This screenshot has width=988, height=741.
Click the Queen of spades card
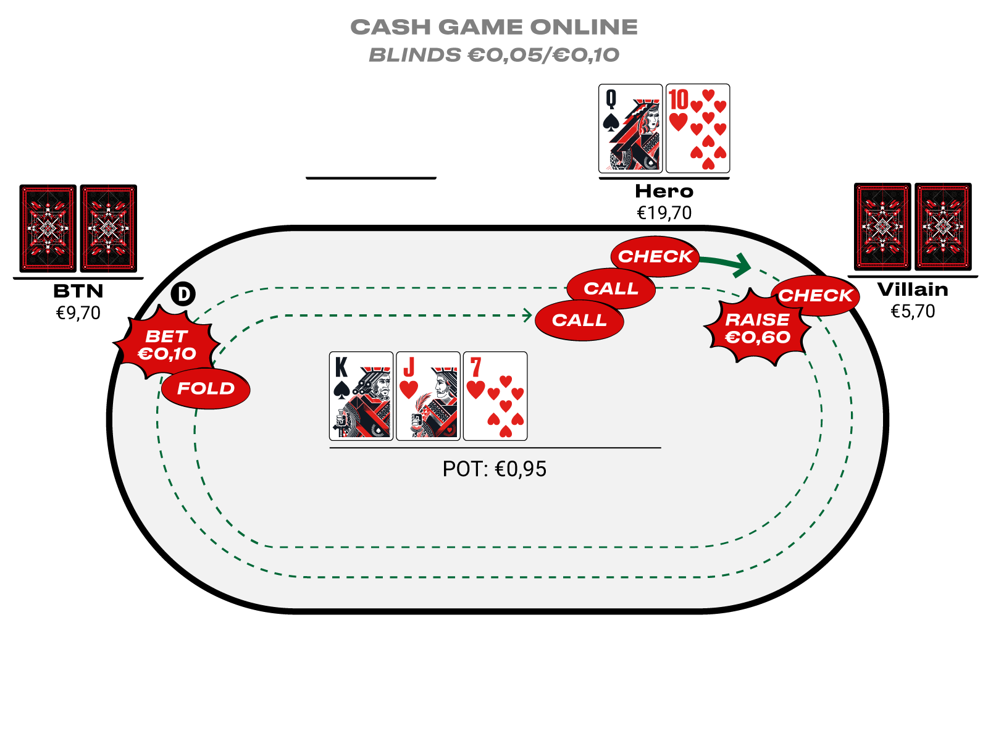click(x=630, y=128)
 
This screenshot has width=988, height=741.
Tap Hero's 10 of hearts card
click(x=698, y=128)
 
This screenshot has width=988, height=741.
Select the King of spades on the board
click(x=361, y=396)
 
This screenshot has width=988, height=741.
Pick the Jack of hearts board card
click(x=428, y=396)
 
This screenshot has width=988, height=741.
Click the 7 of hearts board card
click(x=495, y=396)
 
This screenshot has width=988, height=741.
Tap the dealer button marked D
click(x=183, y=294)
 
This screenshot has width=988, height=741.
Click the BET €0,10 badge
click(x=167, y=345)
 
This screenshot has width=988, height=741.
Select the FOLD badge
click(x=206, y=388)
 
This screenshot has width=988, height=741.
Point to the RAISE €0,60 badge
click(x=757, y=329)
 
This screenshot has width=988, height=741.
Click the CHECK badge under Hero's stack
click(x=655, y=256)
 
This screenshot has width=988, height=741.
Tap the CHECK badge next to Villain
click(x=815, y=296)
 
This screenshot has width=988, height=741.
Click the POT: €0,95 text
click(x=494, y=469)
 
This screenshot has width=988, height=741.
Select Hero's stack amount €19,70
click(x=664, y=213)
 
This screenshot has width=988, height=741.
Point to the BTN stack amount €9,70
click(x=78, y=313)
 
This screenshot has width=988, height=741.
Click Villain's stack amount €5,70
click(x=913, y=311)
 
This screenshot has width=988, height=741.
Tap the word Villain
click(x=913, y=290)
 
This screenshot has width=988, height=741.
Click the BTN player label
click(x=78, y=291)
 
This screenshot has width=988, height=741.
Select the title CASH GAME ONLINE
click(x=494, y=27)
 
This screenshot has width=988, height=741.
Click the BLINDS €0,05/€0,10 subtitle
click(x=494, y=55)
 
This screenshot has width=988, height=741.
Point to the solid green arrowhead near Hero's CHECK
click(x=743, y=264)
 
